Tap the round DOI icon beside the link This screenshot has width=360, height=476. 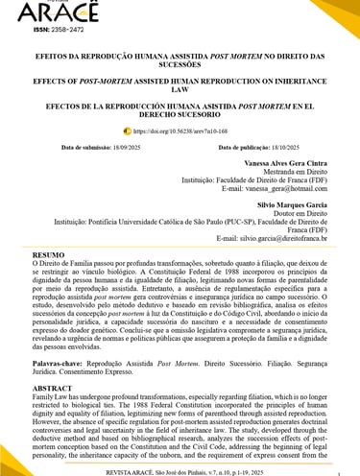tap(127, 131)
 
